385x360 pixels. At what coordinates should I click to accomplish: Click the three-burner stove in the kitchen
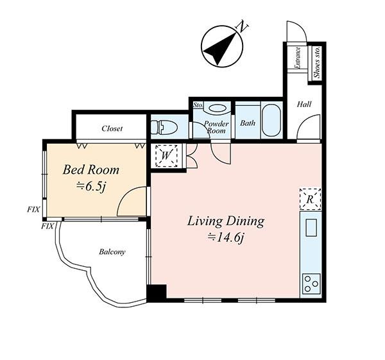point(311,284)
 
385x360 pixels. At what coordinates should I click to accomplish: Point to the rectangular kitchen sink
point(311,228)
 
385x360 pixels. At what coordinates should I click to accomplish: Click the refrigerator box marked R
point(311,199)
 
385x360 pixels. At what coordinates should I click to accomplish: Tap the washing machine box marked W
point(166,156)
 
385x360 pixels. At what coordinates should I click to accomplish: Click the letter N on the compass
point(242,26)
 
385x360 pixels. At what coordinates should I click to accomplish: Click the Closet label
point(112,128)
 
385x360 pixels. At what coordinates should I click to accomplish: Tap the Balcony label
point(112,252)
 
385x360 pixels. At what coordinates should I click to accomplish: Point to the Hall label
point(304,105)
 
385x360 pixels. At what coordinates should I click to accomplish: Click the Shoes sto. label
point(317,62)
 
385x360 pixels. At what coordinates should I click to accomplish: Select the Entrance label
point(298,58)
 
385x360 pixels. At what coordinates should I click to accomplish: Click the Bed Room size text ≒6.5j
point(91,187)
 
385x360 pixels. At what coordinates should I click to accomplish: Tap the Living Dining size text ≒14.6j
point(226,237)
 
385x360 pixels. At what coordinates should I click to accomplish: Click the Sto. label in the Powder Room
point(198,105)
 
